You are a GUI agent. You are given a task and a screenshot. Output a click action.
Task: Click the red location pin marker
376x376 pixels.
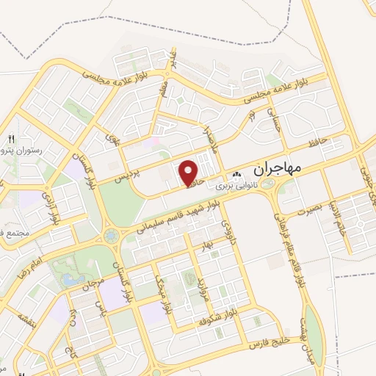190,173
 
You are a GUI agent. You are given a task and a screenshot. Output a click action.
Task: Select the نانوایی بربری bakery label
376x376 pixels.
234,187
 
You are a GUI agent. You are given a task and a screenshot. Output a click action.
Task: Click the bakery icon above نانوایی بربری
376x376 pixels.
236,176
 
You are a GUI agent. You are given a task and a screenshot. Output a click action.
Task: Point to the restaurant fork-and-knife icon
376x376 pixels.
11,139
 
